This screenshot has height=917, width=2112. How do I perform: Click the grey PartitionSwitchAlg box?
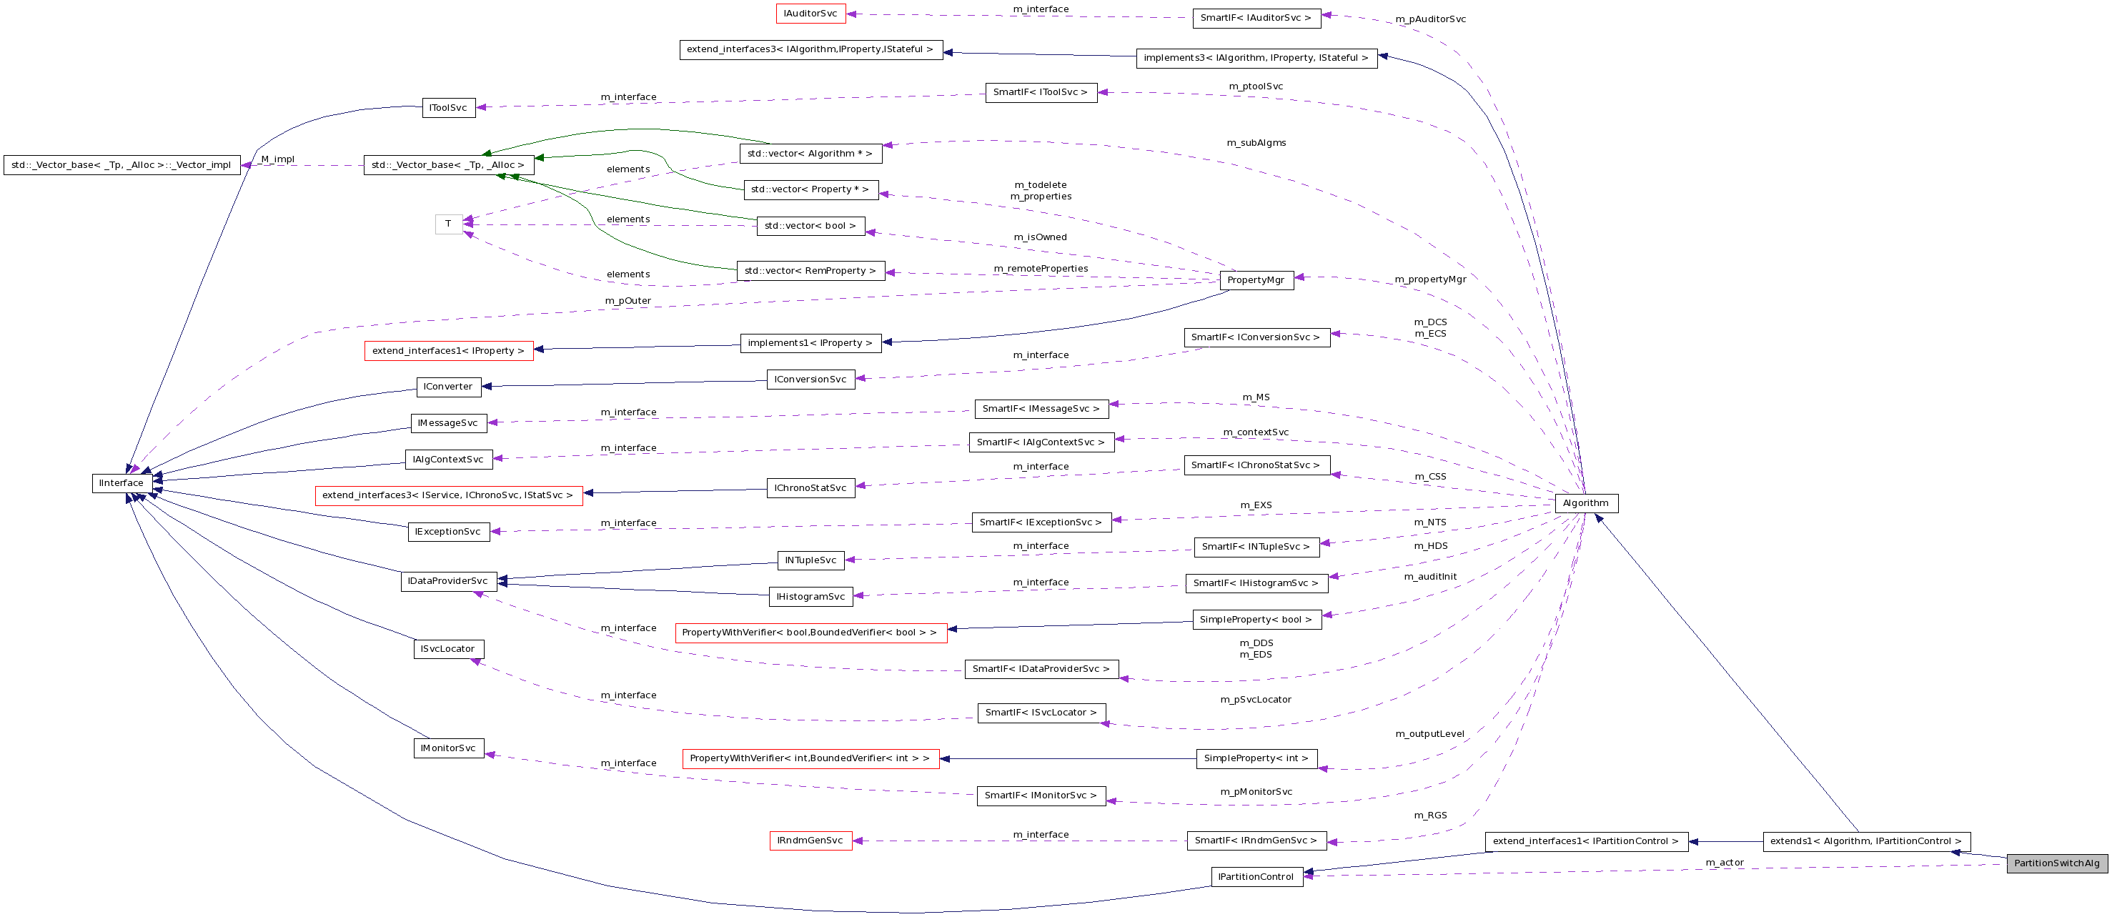point(2056,863)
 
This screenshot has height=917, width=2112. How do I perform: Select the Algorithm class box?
point(1586,502)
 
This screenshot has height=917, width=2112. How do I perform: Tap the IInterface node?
point(122,483)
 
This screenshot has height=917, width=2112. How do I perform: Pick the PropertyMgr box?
point(1255,279)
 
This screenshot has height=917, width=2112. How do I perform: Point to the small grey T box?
point(448,223)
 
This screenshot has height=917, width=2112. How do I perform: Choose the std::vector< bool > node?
point(810,226)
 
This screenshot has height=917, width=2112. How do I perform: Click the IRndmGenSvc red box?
point(810,841)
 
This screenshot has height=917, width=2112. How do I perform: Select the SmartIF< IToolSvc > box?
point(1040,93)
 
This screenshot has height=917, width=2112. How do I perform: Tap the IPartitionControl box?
point(1256,877)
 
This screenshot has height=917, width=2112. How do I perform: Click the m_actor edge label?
point(1724,862)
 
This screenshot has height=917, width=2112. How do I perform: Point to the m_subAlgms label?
point(1256,143)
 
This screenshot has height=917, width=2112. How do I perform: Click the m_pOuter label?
point(628,301)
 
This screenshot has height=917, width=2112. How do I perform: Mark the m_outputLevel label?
point(1430,734)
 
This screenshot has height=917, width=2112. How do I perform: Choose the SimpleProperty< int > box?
point(1256,759)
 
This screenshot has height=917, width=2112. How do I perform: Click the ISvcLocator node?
point(447,649)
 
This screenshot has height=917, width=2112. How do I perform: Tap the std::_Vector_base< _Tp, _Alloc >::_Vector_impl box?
point(122,165)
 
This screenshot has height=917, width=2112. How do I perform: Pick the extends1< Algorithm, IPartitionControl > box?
point(1866,841)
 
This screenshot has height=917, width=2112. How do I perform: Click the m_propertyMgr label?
point(1431,279)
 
